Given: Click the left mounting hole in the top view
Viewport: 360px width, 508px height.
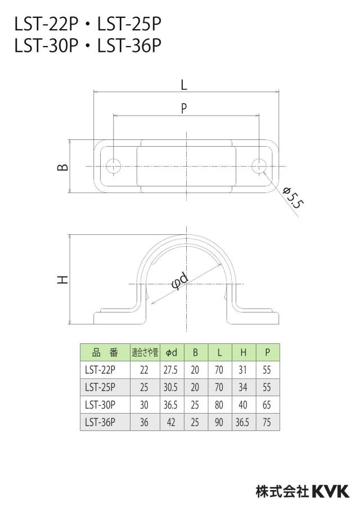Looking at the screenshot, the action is tap(113, 166).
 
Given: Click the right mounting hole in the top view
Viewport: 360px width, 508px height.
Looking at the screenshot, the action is tap(259, 166).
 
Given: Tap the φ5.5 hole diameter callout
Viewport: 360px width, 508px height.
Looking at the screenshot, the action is tap(293, 198).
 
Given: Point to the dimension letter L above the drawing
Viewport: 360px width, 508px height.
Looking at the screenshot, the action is tap(184, 85).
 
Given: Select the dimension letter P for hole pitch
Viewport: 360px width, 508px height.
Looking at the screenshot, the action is tap(184, 108).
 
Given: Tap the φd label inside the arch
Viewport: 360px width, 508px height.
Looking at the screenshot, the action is tap(179, 281).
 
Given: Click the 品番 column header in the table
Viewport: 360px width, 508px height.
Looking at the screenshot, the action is tap(105, 352).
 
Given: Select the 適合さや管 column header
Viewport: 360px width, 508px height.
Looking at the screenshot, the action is tap(145, 352).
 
